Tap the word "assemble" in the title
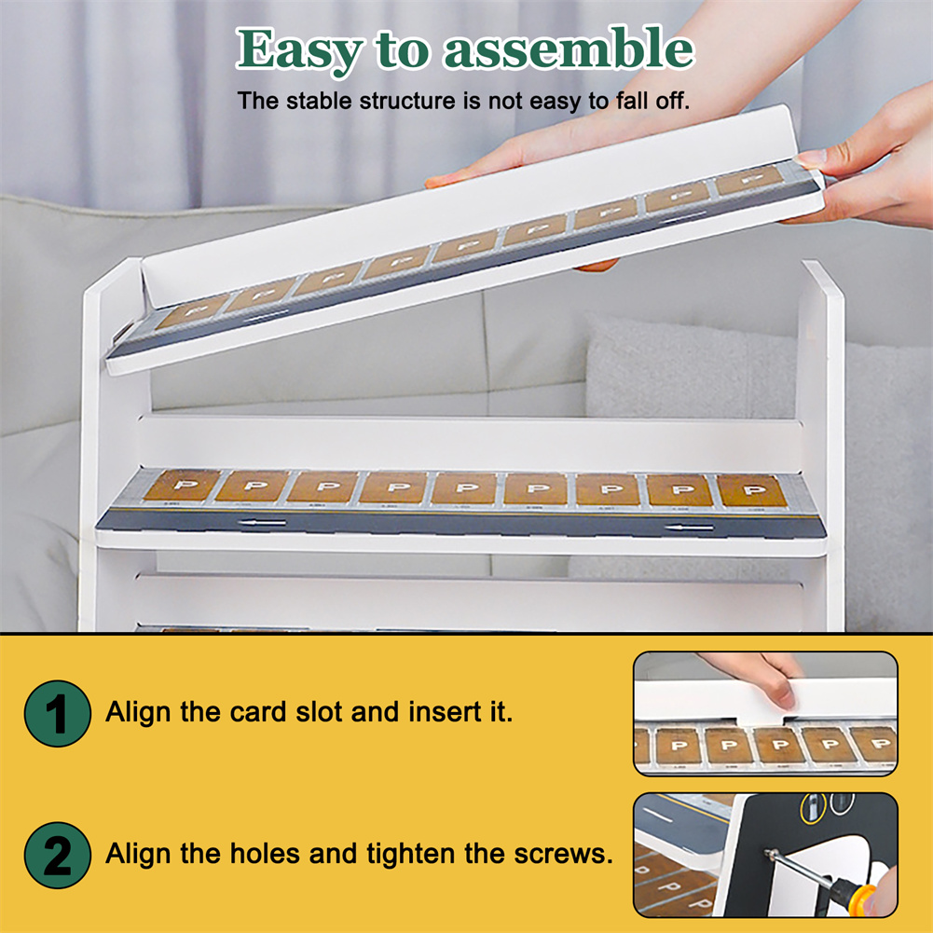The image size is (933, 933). (569, 48)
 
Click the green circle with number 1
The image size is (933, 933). (58, 713)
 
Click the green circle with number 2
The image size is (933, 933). (58, 855)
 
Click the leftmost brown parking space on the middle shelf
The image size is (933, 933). (182, 486)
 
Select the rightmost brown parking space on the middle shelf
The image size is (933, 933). (752, 490)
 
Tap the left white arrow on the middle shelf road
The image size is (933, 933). (262, 523)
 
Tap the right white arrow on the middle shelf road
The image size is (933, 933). (689, 528)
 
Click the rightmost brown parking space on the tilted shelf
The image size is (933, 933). (749, 180)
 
